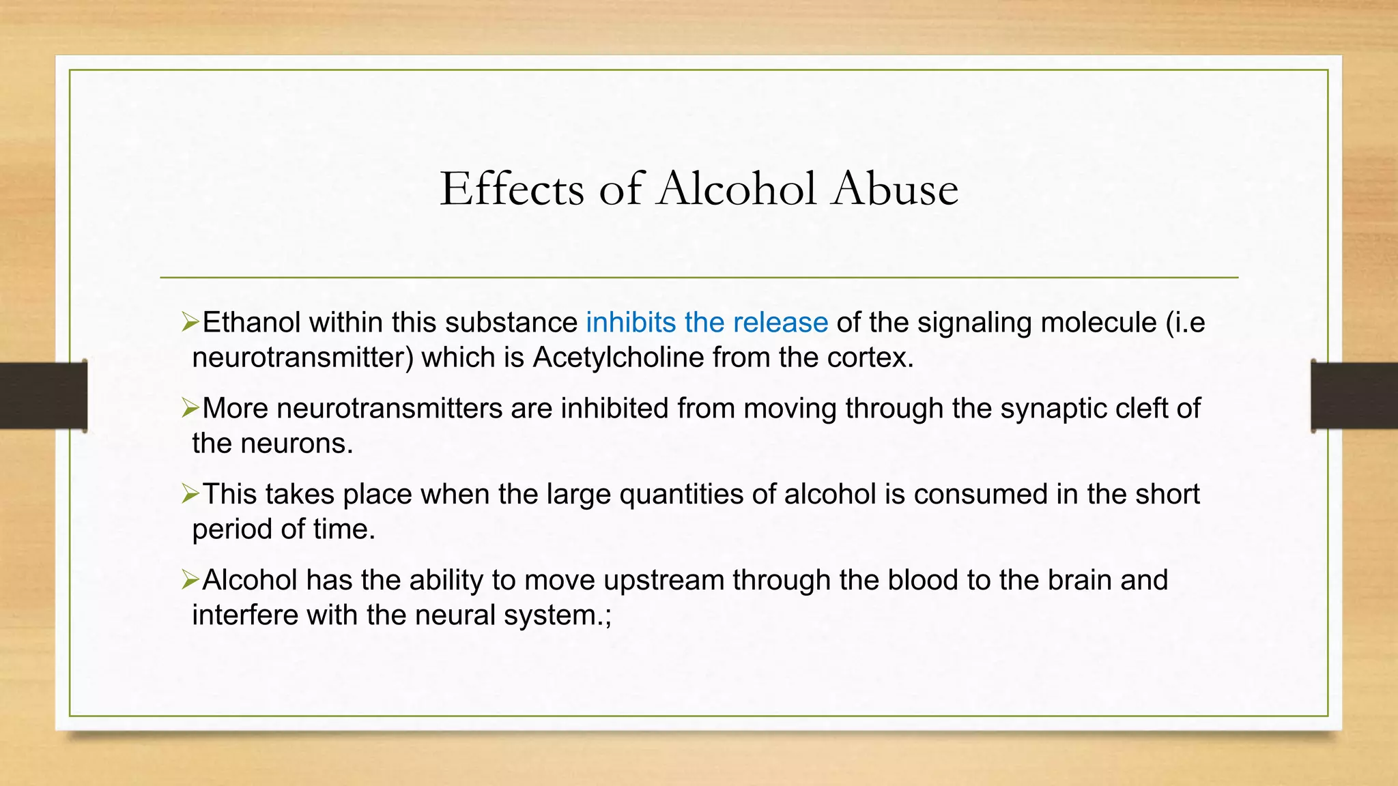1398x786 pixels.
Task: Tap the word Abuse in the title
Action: coord(895,188)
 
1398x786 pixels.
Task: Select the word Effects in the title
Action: coord(512,188)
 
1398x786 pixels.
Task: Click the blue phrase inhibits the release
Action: coord(707,322)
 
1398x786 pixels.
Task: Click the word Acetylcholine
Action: coord(618,358)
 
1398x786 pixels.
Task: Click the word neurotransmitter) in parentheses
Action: coord(303,358)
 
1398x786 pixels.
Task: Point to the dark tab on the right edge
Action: coord(1354,396)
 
